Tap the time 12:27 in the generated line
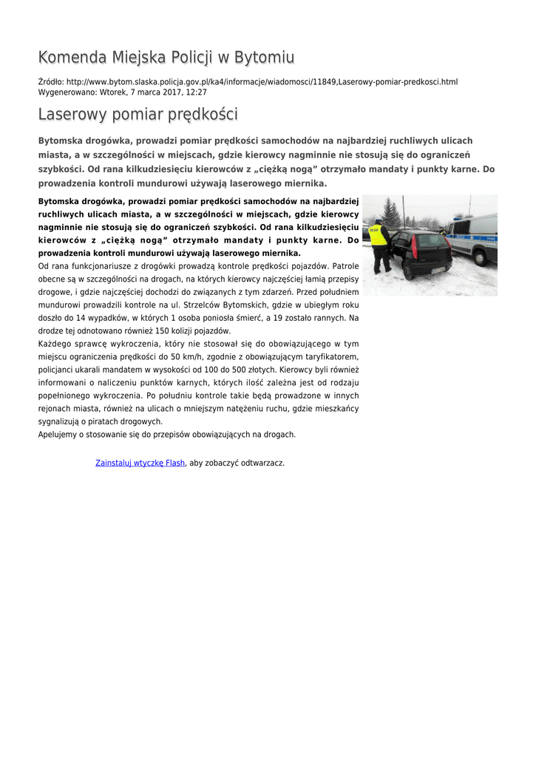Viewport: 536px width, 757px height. (x=196, y=92)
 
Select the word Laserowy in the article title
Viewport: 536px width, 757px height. (x=72, y=115)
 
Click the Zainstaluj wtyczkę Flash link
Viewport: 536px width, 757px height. (x=140, y=463)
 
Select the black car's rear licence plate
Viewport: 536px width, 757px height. (x=437, y=269)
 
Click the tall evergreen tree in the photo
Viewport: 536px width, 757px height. (x=390, y=214)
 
